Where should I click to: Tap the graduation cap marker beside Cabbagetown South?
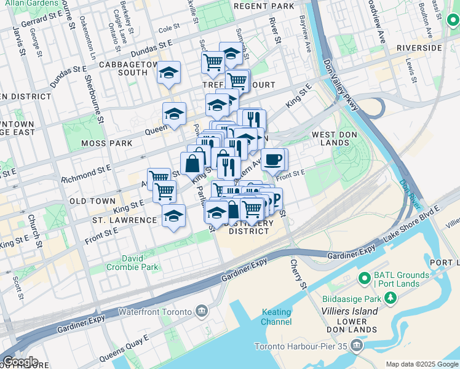(x=169, y=73)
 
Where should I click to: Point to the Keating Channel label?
(x=276, y=317)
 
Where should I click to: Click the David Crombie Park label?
(x=132, y=262)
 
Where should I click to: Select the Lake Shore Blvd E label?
(x=413, y=220)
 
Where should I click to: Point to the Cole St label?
(x=169, y=28)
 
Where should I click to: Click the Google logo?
(x=20, y=362)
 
